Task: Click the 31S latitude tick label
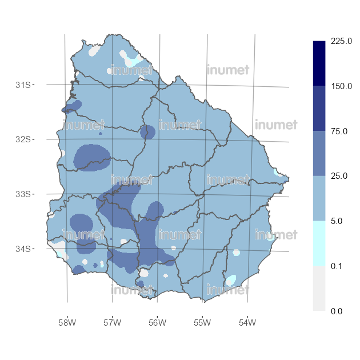tap(22, 85)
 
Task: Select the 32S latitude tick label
tap(22, 139)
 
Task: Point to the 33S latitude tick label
tap(22, 194)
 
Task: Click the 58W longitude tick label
tap(67, 322)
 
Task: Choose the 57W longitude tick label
tap(112, 322)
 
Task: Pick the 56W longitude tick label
tap(157, 322)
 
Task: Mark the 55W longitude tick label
tap(202, 322)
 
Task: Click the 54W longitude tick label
tap(247, 322)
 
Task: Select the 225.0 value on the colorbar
tap(341, 42)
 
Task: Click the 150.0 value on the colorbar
tap(341, 86)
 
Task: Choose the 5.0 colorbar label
tap(337, 221)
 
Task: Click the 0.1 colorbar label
tap(337, 266)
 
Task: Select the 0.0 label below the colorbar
tap(337, 310)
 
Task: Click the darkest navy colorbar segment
tap(319, 63)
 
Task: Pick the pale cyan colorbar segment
tap(319, 243)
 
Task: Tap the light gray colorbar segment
tap(319, 288)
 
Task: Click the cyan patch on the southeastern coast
tap(230, 280)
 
